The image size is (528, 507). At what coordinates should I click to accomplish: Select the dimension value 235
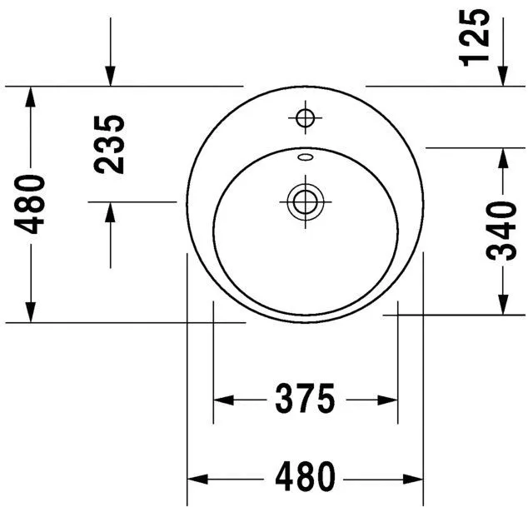point(110,143)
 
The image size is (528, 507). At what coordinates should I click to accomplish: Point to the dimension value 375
point(305,400)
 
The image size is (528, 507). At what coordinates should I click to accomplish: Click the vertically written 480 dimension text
point(31,204)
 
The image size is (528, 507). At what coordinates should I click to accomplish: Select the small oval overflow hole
point(305,156)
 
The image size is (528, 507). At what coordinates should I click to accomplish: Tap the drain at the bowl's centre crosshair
point(305,201)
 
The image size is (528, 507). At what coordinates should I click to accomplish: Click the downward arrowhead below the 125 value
point(504,76)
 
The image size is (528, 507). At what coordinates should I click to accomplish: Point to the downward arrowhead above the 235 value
point(110,76)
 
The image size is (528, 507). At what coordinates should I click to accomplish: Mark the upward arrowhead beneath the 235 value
point(110,211)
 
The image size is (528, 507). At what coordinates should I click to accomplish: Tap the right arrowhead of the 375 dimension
point(388,400)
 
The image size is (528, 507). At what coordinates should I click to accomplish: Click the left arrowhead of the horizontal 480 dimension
point(196,479)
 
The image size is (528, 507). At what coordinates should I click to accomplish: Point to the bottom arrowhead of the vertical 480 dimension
point(31,311)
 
